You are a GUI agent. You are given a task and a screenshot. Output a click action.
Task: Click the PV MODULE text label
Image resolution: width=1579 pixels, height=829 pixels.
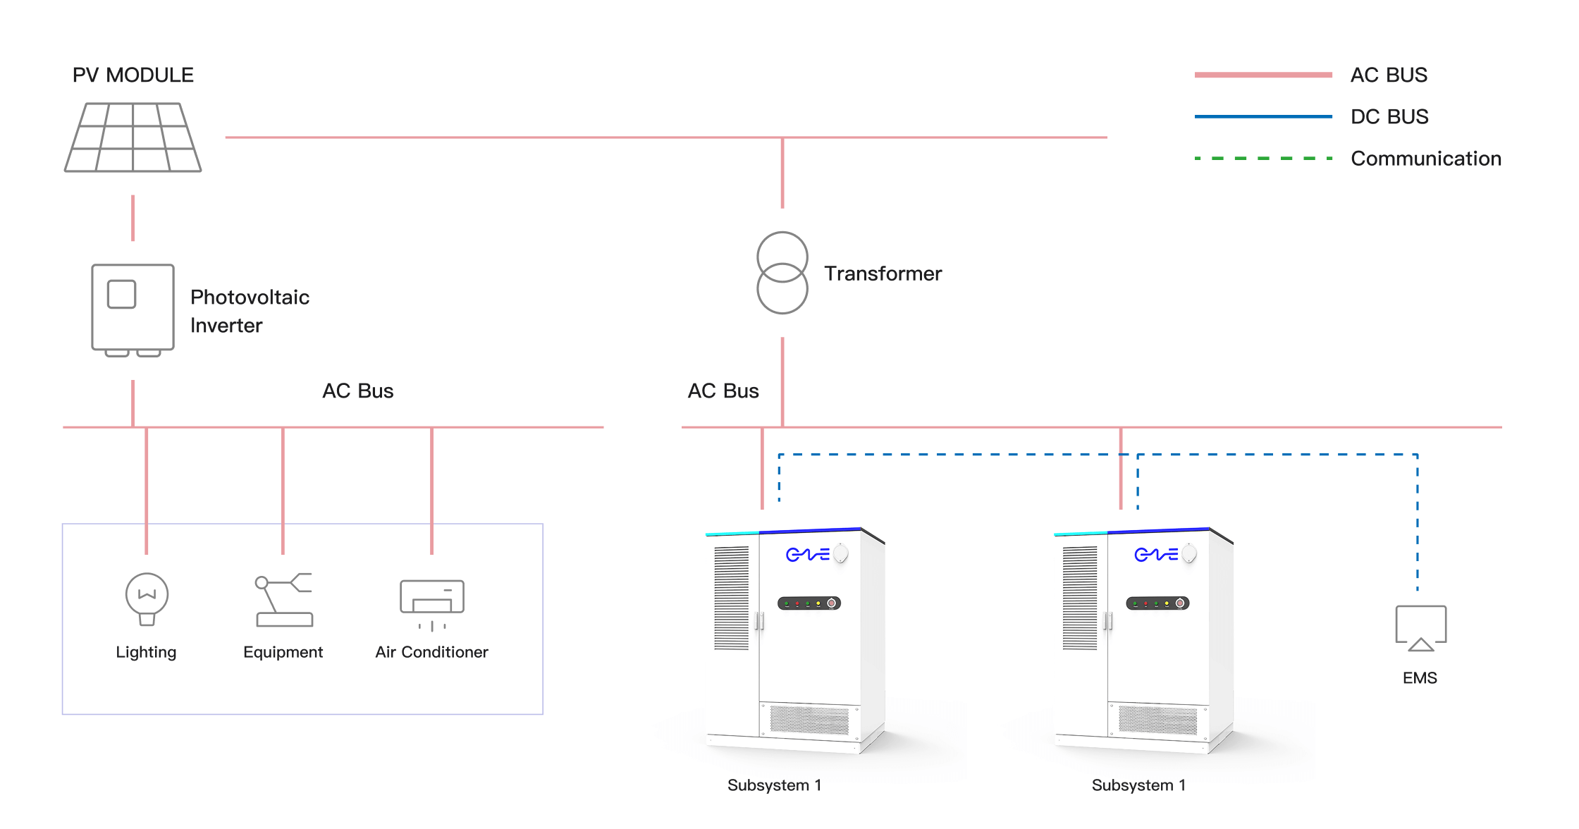tap(133, 75)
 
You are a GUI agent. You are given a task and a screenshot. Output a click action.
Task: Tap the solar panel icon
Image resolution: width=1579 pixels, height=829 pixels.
tap(133, 137)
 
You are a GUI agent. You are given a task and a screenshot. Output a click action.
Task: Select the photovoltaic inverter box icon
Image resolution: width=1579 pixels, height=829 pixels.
tap(133, 309)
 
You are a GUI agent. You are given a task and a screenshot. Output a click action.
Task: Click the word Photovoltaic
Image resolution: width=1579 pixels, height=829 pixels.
tap(250, 297)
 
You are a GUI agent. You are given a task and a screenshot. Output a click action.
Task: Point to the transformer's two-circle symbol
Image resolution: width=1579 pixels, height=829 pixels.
tap(782, 273)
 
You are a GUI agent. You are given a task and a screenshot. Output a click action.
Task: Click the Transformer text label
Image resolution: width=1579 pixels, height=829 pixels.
tap(883, 274)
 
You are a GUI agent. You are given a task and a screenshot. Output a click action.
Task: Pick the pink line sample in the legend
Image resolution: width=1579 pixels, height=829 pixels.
tap(1263, 75)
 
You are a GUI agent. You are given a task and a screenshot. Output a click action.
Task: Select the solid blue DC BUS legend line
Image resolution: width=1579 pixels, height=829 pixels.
tap(1263, 116)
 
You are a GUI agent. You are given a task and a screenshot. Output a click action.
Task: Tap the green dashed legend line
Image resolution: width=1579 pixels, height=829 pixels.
tap(1263, 159)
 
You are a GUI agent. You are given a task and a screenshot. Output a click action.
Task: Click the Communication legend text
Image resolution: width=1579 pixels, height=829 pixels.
tap(1425, 159)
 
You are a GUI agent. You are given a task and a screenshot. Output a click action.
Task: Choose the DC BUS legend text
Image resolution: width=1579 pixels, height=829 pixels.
tap(1389, 116)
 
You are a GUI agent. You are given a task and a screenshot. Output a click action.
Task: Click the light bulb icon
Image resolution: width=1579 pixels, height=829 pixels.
tap(147, 598)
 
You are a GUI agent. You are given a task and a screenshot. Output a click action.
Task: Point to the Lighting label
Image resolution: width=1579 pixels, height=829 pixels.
tap(146, 652)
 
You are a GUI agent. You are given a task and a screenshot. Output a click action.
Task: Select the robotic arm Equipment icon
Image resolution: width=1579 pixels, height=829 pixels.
tap(284, 600)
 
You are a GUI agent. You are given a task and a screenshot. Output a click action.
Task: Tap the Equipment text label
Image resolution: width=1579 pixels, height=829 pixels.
tap(283, 652)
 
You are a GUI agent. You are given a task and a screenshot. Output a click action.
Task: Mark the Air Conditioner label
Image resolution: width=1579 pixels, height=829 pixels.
tap(431, 652)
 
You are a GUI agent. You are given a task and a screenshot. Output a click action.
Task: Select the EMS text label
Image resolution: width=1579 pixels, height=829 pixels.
tap(1420, 678)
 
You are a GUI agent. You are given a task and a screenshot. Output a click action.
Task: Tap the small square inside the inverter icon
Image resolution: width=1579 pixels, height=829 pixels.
tap(121, 294)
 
